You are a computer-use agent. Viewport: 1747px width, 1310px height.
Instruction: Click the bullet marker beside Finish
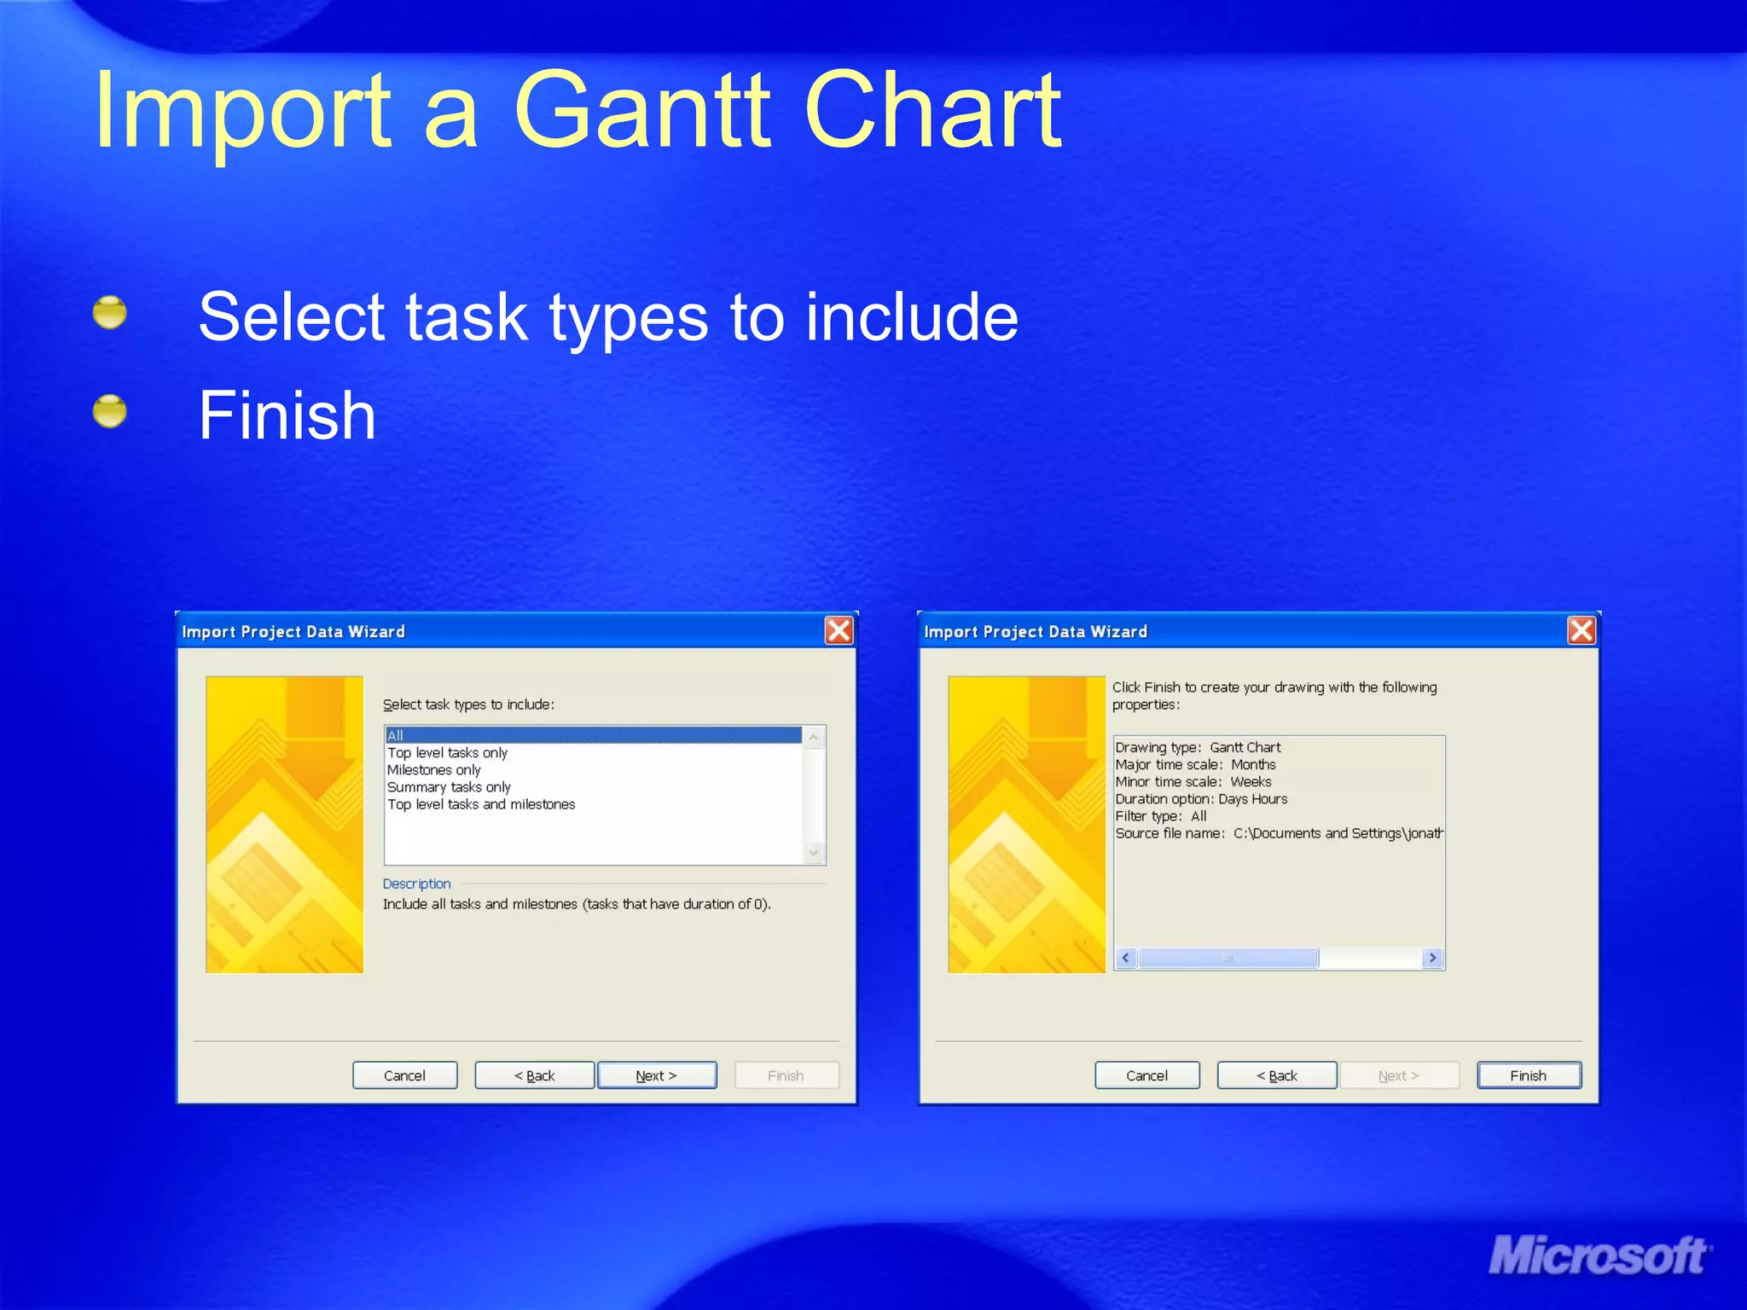tap(110, 412)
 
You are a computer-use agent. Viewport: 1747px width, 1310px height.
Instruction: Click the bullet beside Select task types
tap(110, 313)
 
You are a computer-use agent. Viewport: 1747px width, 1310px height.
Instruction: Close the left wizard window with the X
tap(839, 630)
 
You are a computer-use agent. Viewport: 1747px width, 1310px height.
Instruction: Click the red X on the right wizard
tap(1582, 630)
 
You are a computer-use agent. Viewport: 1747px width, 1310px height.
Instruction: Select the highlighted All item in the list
tap(592, 735)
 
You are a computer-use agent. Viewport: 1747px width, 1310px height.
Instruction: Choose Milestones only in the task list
tap(434, 770)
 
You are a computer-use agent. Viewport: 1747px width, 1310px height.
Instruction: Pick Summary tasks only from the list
tap(449, 787)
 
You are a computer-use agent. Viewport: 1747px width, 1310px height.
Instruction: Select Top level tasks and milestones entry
tap(481, 804)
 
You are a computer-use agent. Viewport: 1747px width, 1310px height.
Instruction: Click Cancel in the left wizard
tap(404, 1075)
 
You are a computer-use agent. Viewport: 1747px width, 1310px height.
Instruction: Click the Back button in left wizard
tap(534, 1075)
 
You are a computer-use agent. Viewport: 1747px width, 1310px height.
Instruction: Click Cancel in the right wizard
tap(1146, 1075)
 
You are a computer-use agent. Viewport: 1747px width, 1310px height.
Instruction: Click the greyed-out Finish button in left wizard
tap(786, 1075)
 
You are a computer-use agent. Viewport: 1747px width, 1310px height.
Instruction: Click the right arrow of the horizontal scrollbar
tap(1433, 958)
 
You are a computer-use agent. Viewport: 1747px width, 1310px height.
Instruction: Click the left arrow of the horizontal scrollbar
tap(1126, 958)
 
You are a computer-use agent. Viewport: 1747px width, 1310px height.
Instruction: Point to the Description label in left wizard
tap(416, 884)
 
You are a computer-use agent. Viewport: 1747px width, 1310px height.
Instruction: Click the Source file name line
tap(1278, 833)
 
